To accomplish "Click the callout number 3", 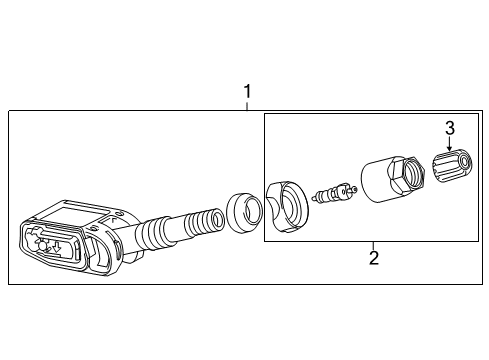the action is (x=450, y=127).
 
